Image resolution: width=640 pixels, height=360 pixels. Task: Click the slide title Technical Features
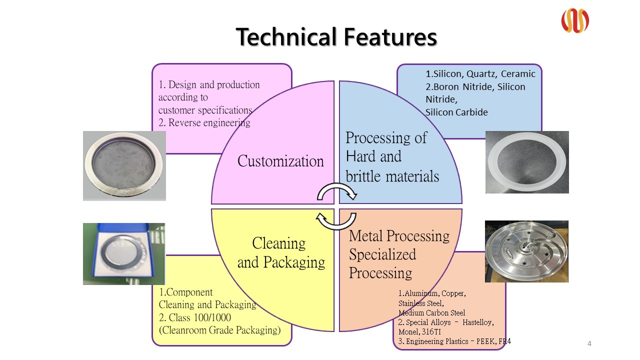(336, 37)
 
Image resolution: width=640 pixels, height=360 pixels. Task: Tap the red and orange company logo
(574, 21)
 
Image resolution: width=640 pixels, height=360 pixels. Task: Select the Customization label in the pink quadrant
(280, 161)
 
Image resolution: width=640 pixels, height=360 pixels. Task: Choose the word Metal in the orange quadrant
(365, 235)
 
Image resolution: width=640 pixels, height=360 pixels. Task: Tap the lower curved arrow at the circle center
(337, 220)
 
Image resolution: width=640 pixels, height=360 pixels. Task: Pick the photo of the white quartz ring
(527, 162)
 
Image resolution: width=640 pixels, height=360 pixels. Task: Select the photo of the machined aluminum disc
(526, 251)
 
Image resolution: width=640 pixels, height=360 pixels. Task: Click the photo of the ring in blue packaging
(124, 254)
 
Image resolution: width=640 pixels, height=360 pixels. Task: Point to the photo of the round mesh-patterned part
(124, 166)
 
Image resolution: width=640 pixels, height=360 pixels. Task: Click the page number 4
(589, 343)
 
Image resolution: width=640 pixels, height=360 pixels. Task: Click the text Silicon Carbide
(456, 112)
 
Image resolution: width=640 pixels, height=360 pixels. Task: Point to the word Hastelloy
(478, 322)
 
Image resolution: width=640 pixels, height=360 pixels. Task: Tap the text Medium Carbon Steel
(431, 313)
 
